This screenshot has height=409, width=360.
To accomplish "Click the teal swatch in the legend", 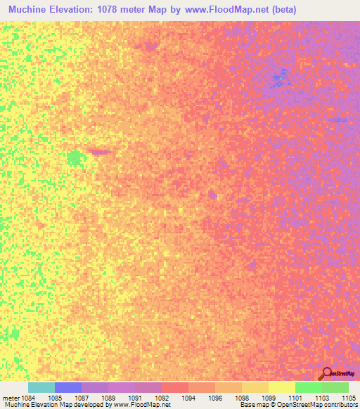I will pos(41,387).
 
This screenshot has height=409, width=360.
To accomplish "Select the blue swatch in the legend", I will pos(68,387).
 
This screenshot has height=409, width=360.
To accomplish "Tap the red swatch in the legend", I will pos(175,387).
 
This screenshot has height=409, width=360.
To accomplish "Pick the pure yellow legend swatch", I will pos(282,387).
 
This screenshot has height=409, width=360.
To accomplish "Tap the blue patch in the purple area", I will pos(281,79).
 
